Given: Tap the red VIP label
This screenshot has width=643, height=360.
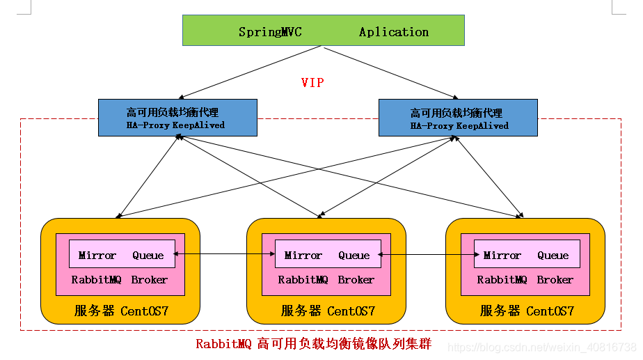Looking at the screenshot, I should [312, 83].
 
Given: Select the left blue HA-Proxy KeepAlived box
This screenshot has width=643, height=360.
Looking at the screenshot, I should [177, 117].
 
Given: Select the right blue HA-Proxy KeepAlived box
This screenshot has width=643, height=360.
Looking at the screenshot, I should [457, 117].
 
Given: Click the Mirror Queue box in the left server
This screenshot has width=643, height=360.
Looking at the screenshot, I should [121, 255].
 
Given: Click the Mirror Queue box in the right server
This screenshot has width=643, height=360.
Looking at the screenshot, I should [527, 255].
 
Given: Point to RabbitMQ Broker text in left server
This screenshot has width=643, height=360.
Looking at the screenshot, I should [120, 280].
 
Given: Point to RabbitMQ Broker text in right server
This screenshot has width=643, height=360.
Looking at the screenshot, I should [525, 280].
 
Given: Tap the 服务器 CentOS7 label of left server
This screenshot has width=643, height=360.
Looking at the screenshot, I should [121, 311].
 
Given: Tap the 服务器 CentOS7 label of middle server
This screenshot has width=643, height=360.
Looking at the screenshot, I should [328, 311].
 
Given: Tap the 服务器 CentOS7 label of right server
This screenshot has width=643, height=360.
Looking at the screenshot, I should [527, 311].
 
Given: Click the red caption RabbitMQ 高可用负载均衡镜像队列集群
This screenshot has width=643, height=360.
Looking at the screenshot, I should [313, 344].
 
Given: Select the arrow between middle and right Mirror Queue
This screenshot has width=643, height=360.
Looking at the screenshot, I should [427, 256].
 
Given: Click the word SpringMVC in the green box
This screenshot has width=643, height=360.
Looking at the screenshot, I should [270, 32].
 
